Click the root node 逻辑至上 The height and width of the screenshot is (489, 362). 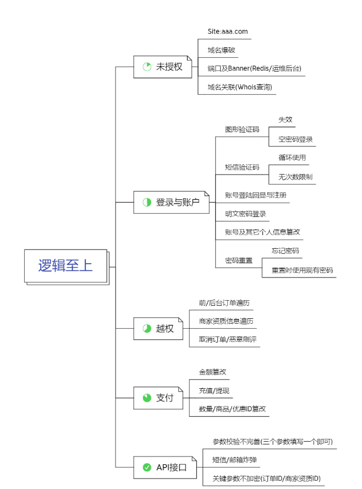[65, 265]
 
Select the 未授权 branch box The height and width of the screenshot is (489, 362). [163, 67]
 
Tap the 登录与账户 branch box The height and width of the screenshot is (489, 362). [171, 202]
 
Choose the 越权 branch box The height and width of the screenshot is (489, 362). [158, 328]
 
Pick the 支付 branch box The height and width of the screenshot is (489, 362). [158, 398]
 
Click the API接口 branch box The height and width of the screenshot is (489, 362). [164, 468]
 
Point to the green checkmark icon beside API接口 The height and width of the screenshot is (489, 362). [147, 468]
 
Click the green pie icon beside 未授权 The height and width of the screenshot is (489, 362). [147, 67]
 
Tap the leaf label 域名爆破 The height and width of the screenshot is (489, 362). [222, 50]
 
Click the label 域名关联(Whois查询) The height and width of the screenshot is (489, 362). [240, 87]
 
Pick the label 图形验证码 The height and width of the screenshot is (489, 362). [242, 130]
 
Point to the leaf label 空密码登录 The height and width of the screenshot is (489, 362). [295, 139]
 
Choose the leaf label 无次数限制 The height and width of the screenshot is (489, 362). [295, 177]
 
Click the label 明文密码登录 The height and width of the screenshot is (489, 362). [245, 214]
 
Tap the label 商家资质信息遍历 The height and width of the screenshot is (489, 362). [226, 321]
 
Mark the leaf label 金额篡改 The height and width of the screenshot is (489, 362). [212, 372]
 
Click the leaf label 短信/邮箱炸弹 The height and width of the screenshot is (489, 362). [234, 460]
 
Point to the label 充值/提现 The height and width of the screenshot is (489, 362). [214, 391]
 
